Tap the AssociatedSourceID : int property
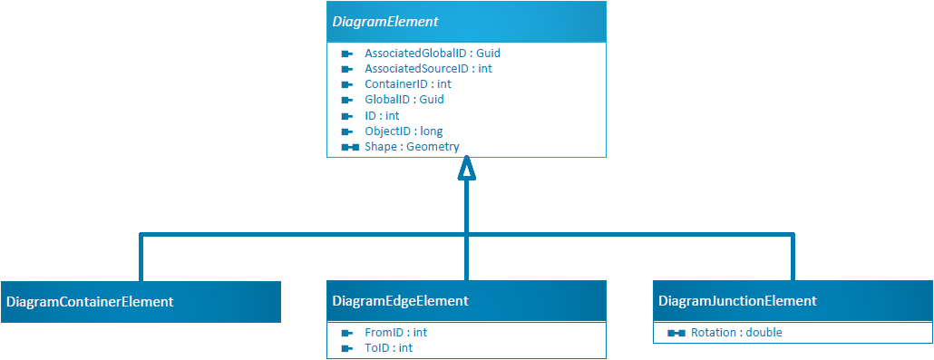[x=428, y=69]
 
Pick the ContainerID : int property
[x=407, y=84]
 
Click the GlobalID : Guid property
[x=404, y=100]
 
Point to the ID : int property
[x=382, y=115]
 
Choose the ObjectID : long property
[x=404, y=131]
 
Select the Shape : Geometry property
[x=412, y=146]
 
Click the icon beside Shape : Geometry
[x=349, y=147]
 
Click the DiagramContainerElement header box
[x=141, y=301]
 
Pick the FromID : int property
[x=395, y=333]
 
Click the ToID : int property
[x=388, y=348]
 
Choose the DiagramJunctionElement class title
[x=737, y=301]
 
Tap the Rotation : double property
[x=735, y=333]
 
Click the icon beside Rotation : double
[x=676, y=334]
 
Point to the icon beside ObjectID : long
[x=346, y=131]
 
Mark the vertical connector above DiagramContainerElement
[x=141, y=258]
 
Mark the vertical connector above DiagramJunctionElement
[x=793, y=258]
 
